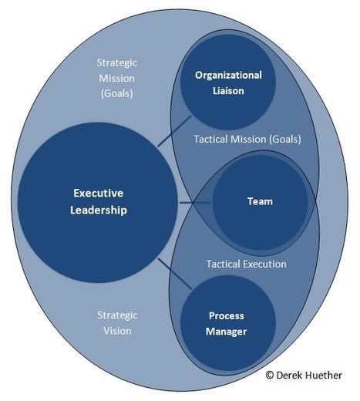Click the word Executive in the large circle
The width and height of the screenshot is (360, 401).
[98, 193]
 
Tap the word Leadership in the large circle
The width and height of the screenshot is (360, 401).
[99, 210]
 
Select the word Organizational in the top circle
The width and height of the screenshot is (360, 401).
[228, 76]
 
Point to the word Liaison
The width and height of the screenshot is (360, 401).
[228, 91]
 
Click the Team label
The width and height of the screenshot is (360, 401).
[260, 201]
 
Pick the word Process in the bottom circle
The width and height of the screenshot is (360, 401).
[227, 315]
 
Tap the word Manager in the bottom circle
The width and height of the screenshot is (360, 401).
[226, 332]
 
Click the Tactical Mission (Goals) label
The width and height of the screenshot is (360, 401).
[247, 139]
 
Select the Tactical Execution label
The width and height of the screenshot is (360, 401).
[247, 264]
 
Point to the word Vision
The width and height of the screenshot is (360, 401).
[117, 331]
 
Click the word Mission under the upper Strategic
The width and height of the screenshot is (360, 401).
[117, 78]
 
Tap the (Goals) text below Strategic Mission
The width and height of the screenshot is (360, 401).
[117, 93]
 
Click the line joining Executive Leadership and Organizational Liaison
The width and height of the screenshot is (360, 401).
[174, 131]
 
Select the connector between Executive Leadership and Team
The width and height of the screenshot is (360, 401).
[195, 203]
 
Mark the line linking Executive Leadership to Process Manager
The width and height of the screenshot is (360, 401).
[175, 274]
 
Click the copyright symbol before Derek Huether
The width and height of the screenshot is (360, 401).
[270, 375]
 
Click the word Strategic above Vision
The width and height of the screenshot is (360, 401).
[117, 315]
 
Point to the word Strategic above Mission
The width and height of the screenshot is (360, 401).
[117, 63]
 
